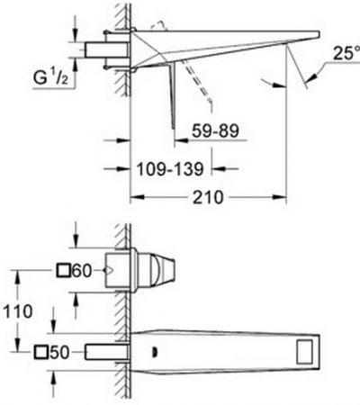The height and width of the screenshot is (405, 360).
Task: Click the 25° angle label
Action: coord(346,53)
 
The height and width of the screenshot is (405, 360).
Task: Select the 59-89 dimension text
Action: coord(215,130)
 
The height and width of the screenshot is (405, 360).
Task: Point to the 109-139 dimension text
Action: coord(170,168)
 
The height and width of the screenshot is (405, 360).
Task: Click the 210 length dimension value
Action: coord(208,197)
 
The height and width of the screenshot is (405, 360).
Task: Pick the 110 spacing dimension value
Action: coord(18,311)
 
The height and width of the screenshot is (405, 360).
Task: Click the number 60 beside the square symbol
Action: coord(82,271)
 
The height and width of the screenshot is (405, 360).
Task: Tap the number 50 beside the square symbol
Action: coord(59,352)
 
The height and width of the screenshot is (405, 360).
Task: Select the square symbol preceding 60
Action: coord(63,270)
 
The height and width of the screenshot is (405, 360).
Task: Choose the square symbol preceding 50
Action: coord(40,352)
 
